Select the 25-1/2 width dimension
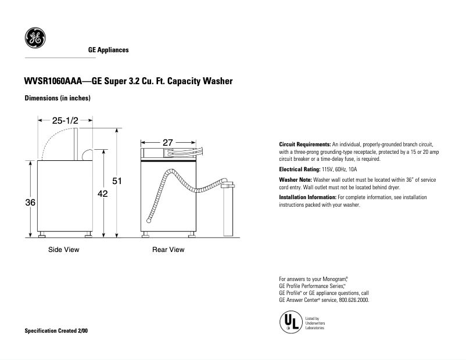[x=65, y=121]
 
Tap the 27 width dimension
[x=168, y=142]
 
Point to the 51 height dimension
[x=117, y=181]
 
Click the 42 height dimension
[x=102, y=194]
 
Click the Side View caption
[x=63, y=250]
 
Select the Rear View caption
[x=168, y=250]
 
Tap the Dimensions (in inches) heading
[x=57, y=98]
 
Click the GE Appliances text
[x=108, y=51]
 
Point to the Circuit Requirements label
[x=305, y=144]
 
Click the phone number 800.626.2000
[x=353, y=300]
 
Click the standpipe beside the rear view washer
[x=228, y=209]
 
